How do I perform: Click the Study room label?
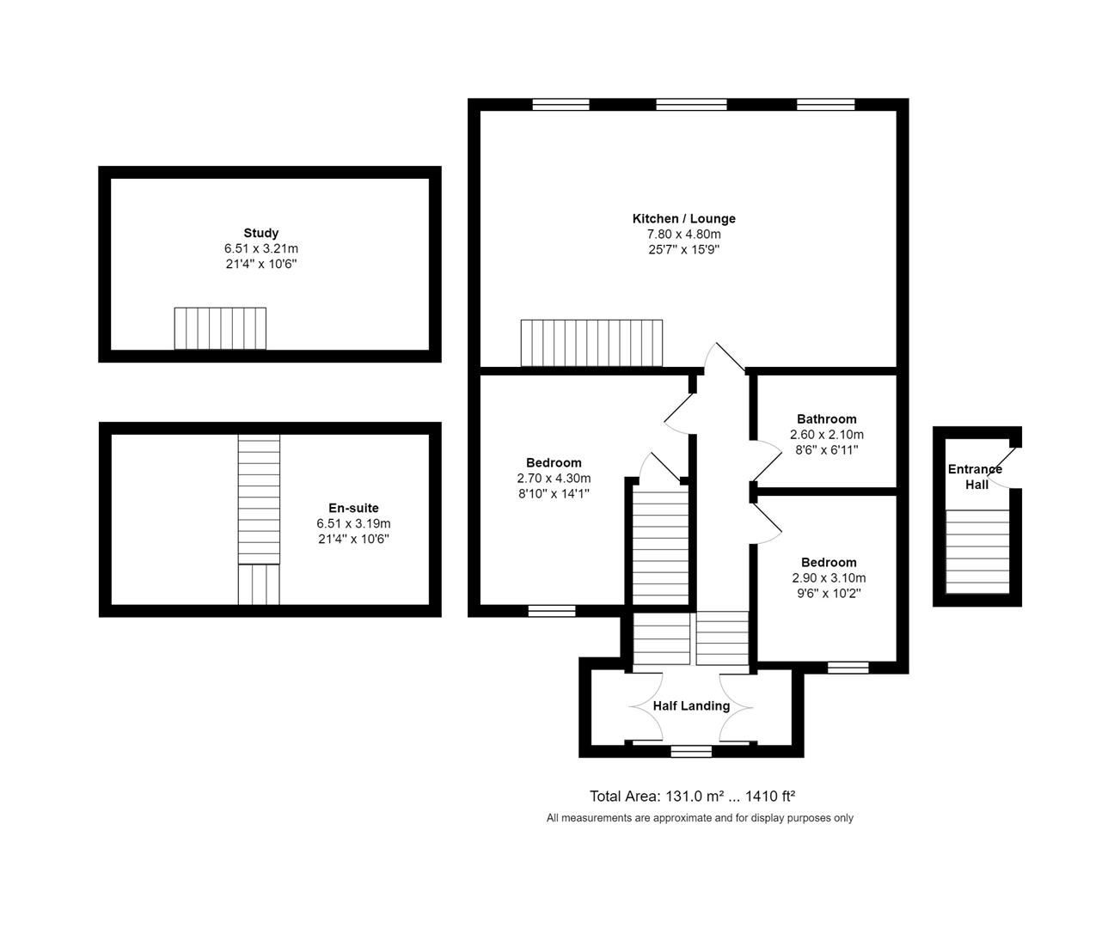260,233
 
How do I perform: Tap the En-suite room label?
353,508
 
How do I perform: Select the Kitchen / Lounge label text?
683,218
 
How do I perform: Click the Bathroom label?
826,419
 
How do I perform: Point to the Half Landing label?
691,705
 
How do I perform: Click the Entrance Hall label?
975,477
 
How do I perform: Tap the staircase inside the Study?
220,328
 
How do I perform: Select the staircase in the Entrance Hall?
977,550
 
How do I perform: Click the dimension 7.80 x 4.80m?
683,234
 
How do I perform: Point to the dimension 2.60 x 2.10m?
826,435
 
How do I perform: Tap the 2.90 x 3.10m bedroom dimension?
829,578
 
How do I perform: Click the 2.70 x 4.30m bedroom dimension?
554,479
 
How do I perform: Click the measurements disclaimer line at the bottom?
700,818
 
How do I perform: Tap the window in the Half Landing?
691,752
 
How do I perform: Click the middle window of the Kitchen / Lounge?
691,105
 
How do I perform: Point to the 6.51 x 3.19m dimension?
353,523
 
